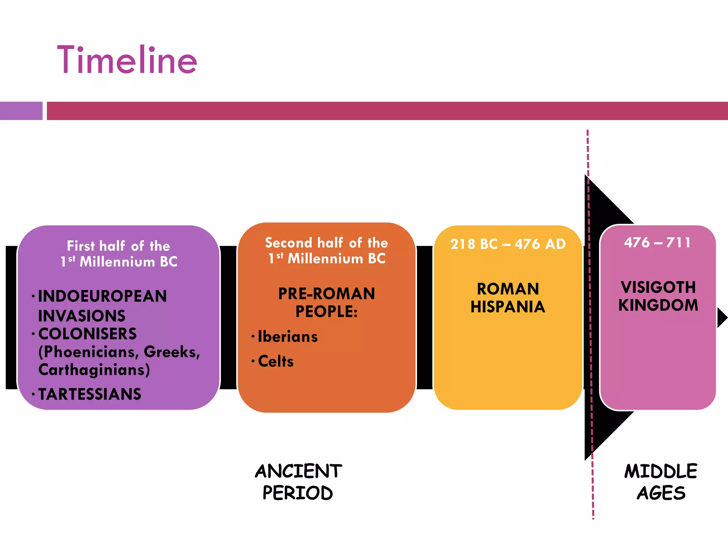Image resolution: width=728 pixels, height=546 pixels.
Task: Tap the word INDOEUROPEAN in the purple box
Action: (102, 296)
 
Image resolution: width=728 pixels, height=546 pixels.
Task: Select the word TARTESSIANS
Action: (90, 394)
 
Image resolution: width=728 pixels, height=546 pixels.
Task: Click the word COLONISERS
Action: (87, 334)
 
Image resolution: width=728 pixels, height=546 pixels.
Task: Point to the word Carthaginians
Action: (94, 370)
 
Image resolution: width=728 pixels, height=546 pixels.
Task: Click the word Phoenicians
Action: (89, 352)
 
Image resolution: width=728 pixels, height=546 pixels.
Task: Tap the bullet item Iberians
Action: (288, 337)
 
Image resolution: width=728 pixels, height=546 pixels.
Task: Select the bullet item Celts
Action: (276, 361)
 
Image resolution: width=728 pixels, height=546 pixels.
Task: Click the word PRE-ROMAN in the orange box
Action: (326, 294)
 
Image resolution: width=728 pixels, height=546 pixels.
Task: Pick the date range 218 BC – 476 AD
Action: (508, 244)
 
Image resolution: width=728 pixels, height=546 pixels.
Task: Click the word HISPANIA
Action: (508, 307)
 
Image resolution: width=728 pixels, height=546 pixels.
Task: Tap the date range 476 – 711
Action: (658, 243)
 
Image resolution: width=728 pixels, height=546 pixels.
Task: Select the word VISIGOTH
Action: (658, 287)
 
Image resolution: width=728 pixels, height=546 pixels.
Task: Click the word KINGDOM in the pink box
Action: (658, 305)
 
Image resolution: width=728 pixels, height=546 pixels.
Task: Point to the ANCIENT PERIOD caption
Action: (298, 482)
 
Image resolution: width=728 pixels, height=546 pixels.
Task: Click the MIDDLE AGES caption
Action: (661, 482)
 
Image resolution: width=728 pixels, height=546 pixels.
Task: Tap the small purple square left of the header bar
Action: (21, 111)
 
